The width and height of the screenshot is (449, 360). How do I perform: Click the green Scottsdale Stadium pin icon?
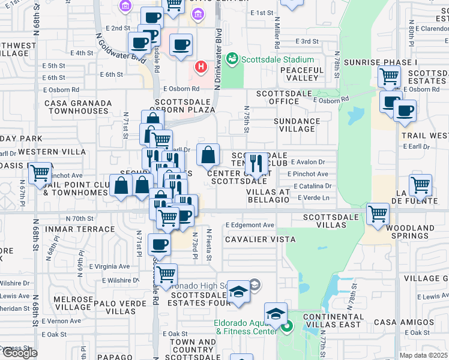(x=232, y=59)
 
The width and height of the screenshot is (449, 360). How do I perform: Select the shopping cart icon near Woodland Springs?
(x=378, y=214)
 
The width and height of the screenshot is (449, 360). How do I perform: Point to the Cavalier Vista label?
(x=261, y=239)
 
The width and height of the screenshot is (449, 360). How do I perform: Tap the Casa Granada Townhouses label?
(x=78, y=107)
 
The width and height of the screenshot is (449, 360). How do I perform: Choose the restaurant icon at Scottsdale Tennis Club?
(x=257, y=163)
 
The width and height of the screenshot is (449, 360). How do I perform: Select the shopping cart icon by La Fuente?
(x=420, y=185)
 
